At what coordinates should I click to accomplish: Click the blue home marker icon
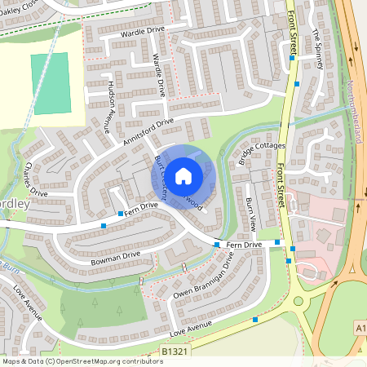pos(183,175)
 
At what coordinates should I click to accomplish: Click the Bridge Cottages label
pos(263,153)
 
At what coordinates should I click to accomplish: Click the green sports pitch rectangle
pos(51,83)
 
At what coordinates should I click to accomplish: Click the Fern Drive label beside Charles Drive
pos(142,207)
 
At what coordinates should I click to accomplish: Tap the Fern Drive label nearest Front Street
pos(243,244)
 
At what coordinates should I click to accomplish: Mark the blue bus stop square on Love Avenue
pos(257,320)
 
